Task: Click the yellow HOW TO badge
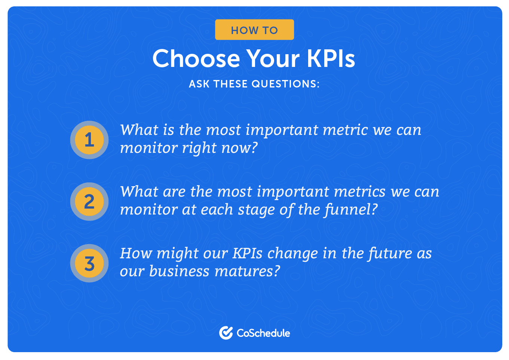(254, 30)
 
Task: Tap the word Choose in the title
(196, 58)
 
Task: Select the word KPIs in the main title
(331, 58)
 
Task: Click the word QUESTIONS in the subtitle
(286, 84)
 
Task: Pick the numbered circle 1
(89, 140)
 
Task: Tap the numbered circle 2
(89, 202)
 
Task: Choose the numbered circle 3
(89, 264)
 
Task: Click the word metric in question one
(345, 130)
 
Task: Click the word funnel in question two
(351, 210)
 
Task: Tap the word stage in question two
(256, 210)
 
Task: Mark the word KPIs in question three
(248, 253)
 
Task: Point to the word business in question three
(179, 271)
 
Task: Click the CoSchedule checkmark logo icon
(226, 333)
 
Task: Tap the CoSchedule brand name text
(263, 333)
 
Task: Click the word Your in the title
(273, 58)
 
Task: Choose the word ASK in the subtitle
(199, 84)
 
